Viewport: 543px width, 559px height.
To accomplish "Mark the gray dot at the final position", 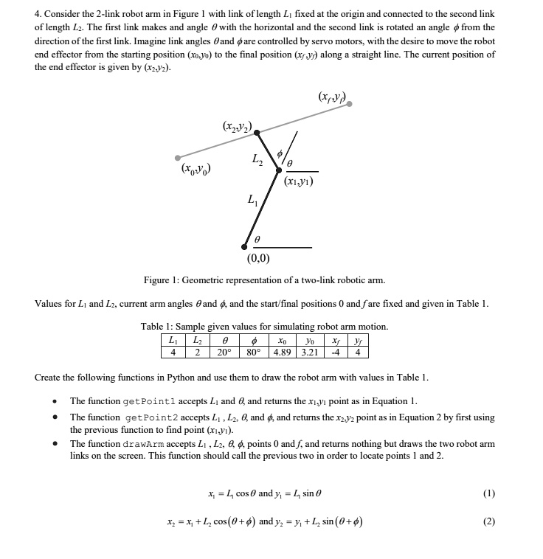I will (x=350, y=105).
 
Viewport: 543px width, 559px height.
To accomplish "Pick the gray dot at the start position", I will (x=178, y=157).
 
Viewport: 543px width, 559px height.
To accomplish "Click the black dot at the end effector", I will (x=256, y=133).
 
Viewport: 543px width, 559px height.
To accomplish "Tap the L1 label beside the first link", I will (x=253, y=200).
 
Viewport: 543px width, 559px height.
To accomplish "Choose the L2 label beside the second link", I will (x=256, y=159).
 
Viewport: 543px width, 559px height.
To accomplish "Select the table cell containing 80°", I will (x=253, y=351).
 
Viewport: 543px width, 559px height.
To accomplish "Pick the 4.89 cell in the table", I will (x=283, y=351).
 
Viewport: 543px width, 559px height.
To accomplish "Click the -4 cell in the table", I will (x=336, y=351).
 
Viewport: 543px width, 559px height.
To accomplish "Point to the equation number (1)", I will (x=488, y=493).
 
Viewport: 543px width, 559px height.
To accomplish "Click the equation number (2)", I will (x=488, y=521).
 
